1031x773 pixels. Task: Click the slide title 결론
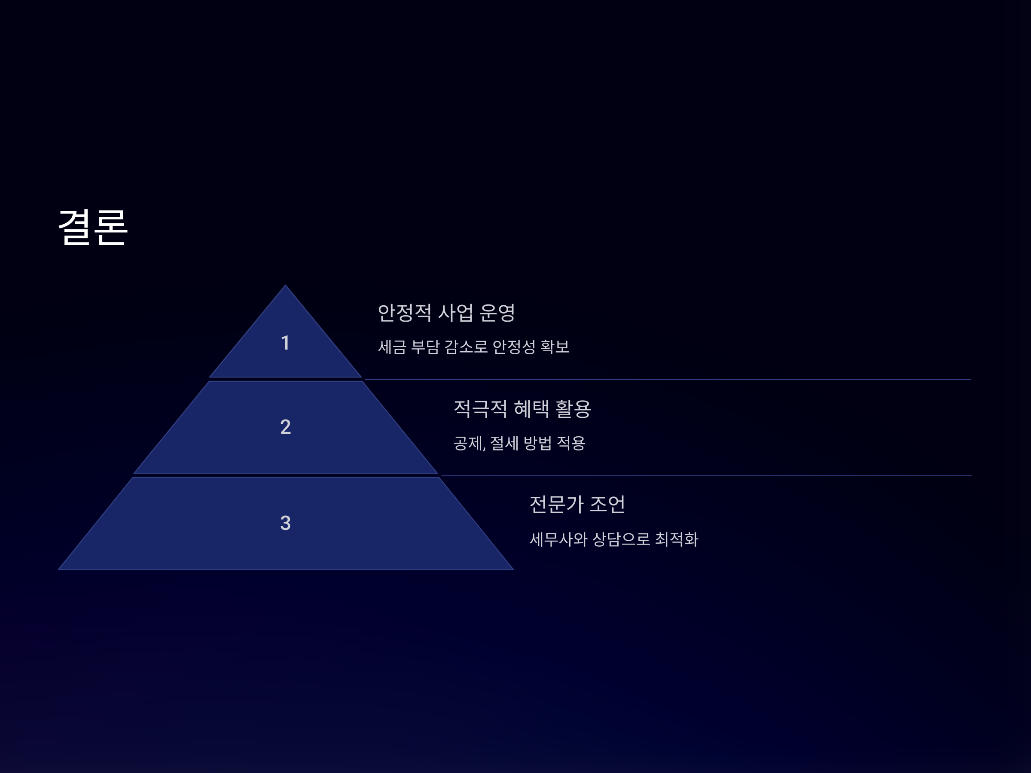[93, 227]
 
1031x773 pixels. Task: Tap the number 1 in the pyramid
[285, 343]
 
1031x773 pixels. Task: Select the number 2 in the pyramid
[285, 427]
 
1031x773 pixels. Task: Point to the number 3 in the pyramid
[285, 523]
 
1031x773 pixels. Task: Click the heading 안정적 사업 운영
[445, 313]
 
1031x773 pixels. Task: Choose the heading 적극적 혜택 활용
[522, 409]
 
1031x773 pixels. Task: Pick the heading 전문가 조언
[577, 504]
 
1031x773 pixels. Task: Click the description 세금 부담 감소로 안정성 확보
[473, 347]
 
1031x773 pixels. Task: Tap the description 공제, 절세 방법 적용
[519, 443]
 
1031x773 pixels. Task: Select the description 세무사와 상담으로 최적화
[613, 539]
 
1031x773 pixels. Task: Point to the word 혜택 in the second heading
[531, 409]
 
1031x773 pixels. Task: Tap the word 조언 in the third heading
[607, 504]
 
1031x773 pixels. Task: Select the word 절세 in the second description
[504, 443]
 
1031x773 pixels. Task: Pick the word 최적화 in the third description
[676, 539]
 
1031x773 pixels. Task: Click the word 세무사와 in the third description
[558, 539]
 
